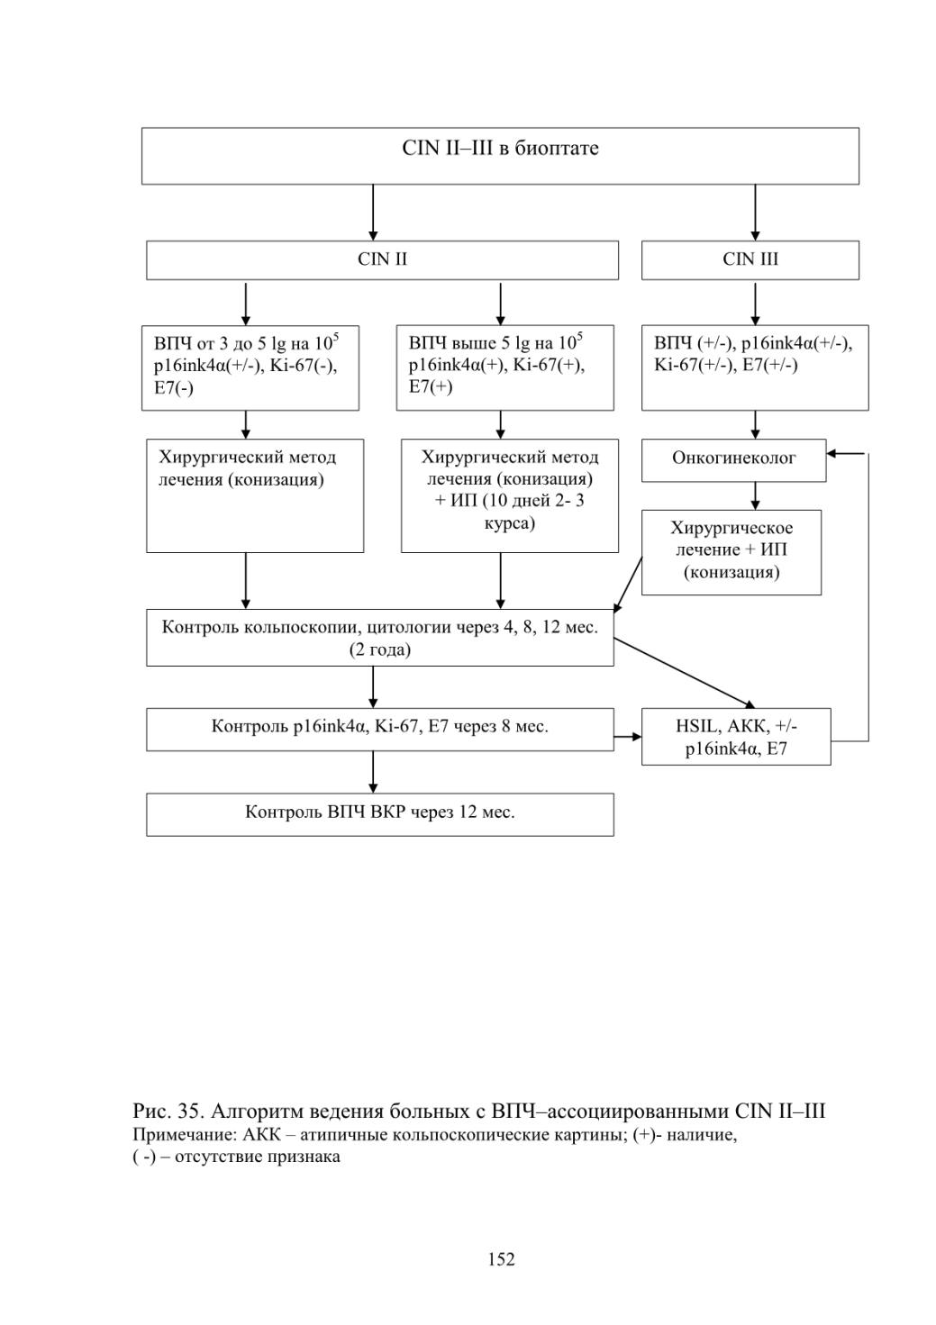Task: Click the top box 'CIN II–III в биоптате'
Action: click(x=500, y=156)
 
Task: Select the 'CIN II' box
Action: click(x=382, y=259)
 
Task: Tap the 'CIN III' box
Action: click(x=750, y=259)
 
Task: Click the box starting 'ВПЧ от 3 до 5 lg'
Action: click(x=250, y=368)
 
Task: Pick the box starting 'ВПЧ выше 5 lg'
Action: click(x=504, y=368)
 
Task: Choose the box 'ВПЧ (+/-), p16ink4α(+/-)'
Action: click(x=755, y=368)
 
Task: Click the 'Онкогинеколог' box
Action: click(x=733, y=460)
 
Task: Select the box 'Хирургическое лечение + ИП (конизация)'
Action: click(x=732, y=552)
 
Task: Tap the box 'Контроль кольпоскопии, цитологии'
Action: click(x=380, y=638)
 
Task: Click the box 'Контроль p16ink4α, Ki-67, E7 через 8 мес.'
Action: click(x=380, y=730)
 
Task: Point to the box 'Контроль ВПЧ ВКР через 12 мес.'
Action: click(x=380, y=814)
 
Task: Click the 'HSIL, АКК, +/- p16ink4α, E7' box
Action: click(x=736, y=737)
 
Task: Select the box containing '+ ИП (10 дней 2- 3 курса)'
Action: click(x=509, y=495)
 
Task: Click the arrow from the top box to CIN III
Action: click(x=755, y=213)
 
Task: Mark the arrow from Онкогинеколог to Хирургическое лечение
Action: click(x=755, y=495)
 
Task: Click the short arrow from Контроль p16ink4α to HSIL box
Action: click(x=628, y=737)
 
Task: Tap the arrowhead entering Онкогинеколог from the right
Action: click(x=831, y=454)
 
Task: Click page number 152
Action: click(x=501, y=1259)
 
